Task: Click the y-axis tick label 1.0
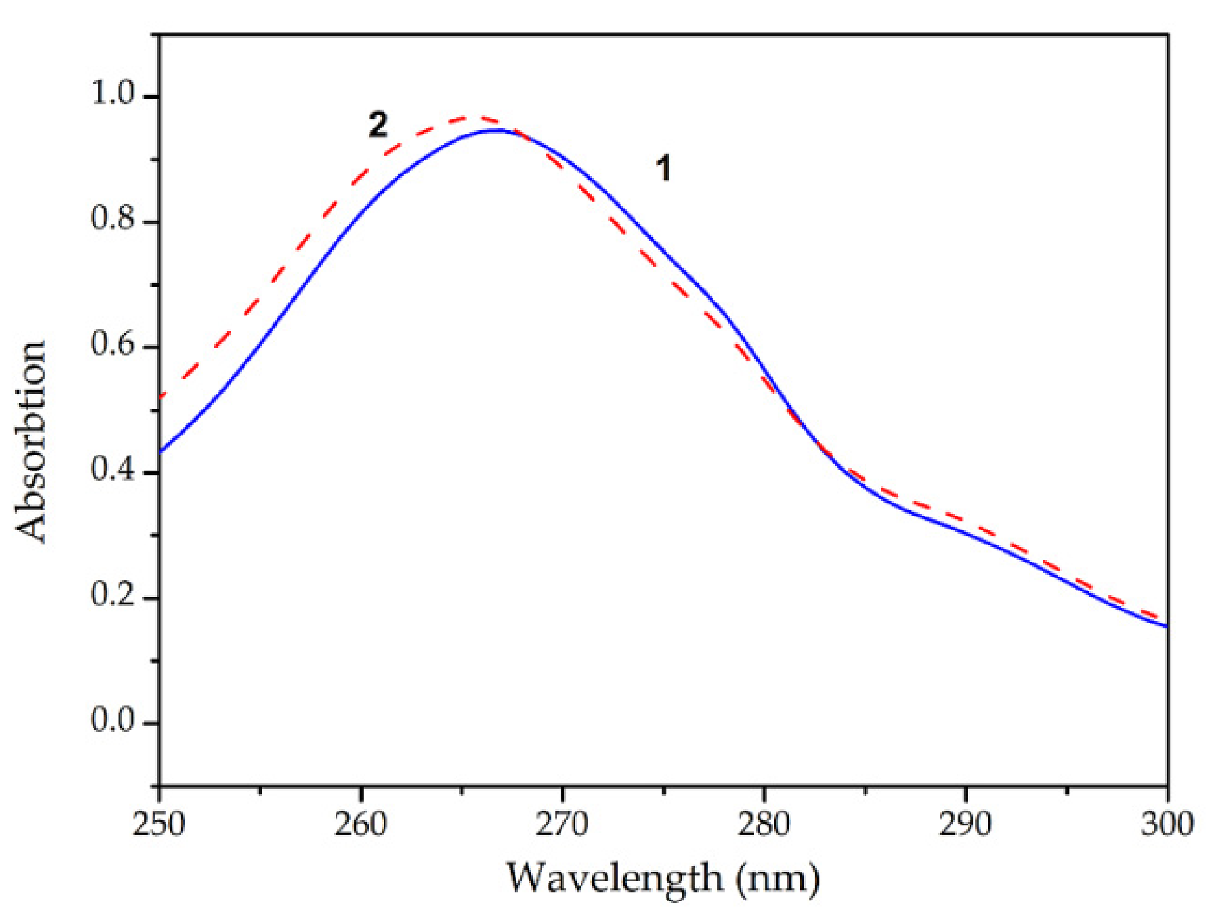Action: point(113,94)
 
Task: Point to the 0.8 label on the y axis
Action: point(113,219)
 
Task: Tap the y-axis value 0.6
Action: point(113,345)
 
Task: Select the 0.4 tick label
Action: point(113,470)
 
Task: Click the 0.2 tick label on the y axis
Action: point(113,596)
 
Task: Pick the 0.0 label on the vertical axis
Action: point(113,721)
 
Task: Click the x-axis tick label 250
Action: point(159,824)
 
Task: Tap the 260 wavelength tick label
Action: point(360,824)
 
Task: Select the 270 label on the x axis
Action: point(562,824)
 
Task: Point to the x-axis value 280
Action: point(764,824)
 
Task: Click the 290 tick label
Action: point(965,824)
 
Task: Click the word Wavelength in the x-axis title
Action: point(614,879)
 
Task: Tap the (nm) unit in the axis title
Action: point(778,879)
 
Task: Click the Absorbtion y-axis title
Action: point(31,441)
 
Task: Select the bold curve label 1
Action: point(664,168)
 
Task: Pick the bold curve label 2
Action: point(378,125)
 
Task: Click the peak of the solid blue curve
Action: point(498,130)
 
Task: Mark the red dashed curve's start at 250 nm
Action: point(161,396)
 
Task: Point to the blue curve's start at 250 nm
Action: point(161,450)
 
